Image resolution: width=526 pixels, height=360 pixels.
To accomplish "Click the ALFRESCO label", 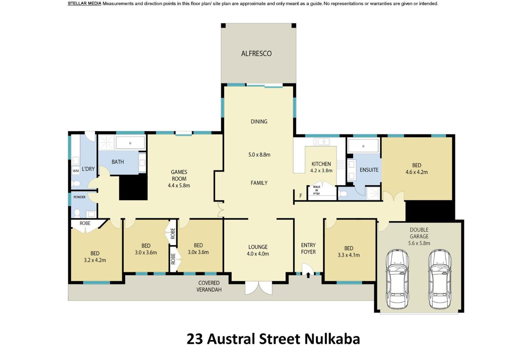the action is pyautogui.click(x=256, y=53).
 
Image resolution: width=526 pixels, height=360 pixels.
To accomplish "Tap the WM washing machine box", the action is pyautogui.click(x=76, y=171).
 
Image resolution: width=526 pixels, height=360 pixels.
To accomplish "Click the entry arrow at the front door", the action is pyautogui.click(x=308, y=275).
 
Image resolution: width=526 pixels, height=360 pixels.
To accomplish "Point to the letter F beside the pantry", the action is pyautogui.click(x=301, y=196).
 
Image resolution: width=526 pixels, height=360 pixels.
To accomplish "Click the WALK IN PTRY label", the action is pyautogui.click(x=316, y=190).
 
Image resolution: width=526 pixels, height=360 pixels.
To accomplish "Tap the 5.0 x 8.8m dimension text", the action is pyautogui.click(x=259, y=155).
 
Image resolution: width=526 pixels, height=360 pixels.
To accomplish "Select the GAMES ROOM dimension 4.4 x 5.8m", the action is pyautogui.click(x=179, y=185).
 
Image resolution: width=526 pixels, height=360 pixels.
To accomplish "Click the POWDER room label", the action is pyautogui.click(x=79, y=197).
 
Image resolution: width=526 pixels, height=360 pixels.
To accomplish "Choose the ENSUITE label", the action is pyautogui.click(x=369, y=170).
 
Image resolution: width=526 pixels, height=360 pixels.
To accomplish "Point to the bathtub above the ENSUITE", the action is pyautogui.click(x=363, y=146).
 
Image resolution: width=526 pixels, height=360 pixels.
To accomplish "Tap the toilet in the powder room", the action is pyautogui.click(x=77, y=213).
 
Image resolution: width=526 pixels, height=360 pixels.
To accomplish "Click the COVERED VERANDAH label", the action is pyautogui.click(x=209, y=286).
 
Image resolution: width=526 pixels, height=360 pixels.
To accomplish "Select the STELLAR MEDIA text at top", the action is pyautogui.click(x=84, y=4).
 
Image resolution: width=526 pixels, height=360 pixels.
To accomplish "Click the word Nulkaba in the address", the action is pyautogui.click(x=332, y=339).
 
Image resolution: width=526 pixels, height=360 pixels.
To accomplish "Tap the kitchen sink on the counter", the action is pyautogui.click(x=322, y=142).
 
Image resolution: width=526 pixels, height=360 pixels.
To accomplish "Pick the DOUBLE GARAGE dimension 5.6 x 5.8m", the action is pyautogui.click(x=419, y=243).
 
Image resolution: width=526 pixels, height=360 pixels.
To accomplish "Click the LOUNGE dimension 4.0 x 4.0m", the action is pyautogui.click(x=258, y=254).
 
